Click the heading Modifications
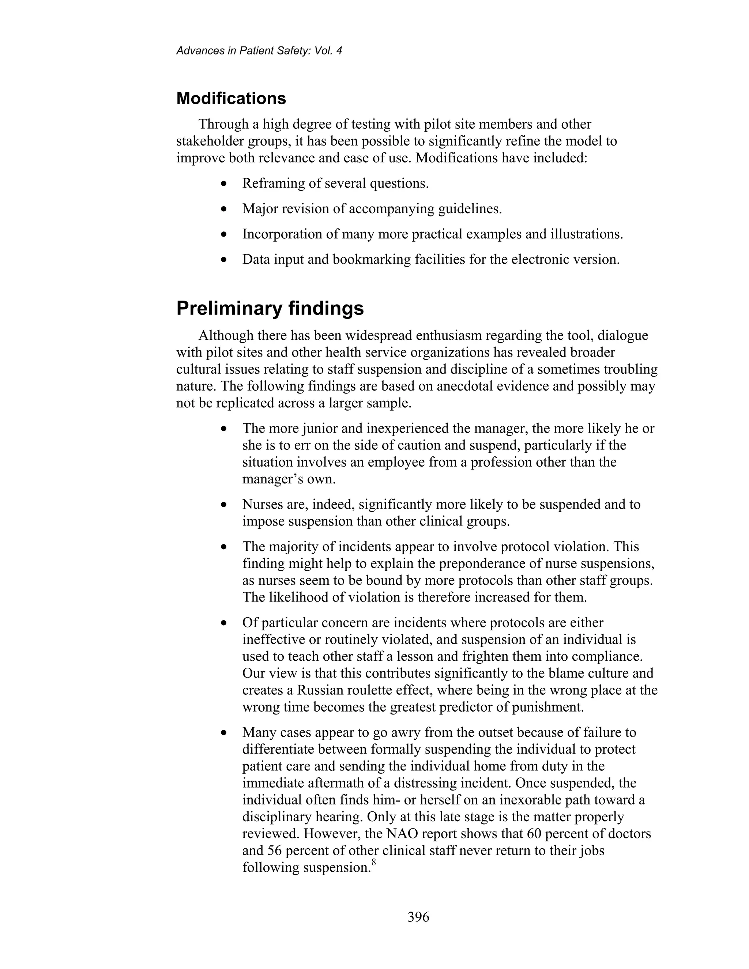(x=231, y=98)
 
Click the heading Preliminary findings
(x=270, y=308)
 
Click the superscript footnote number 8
(x=374, y=861)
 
